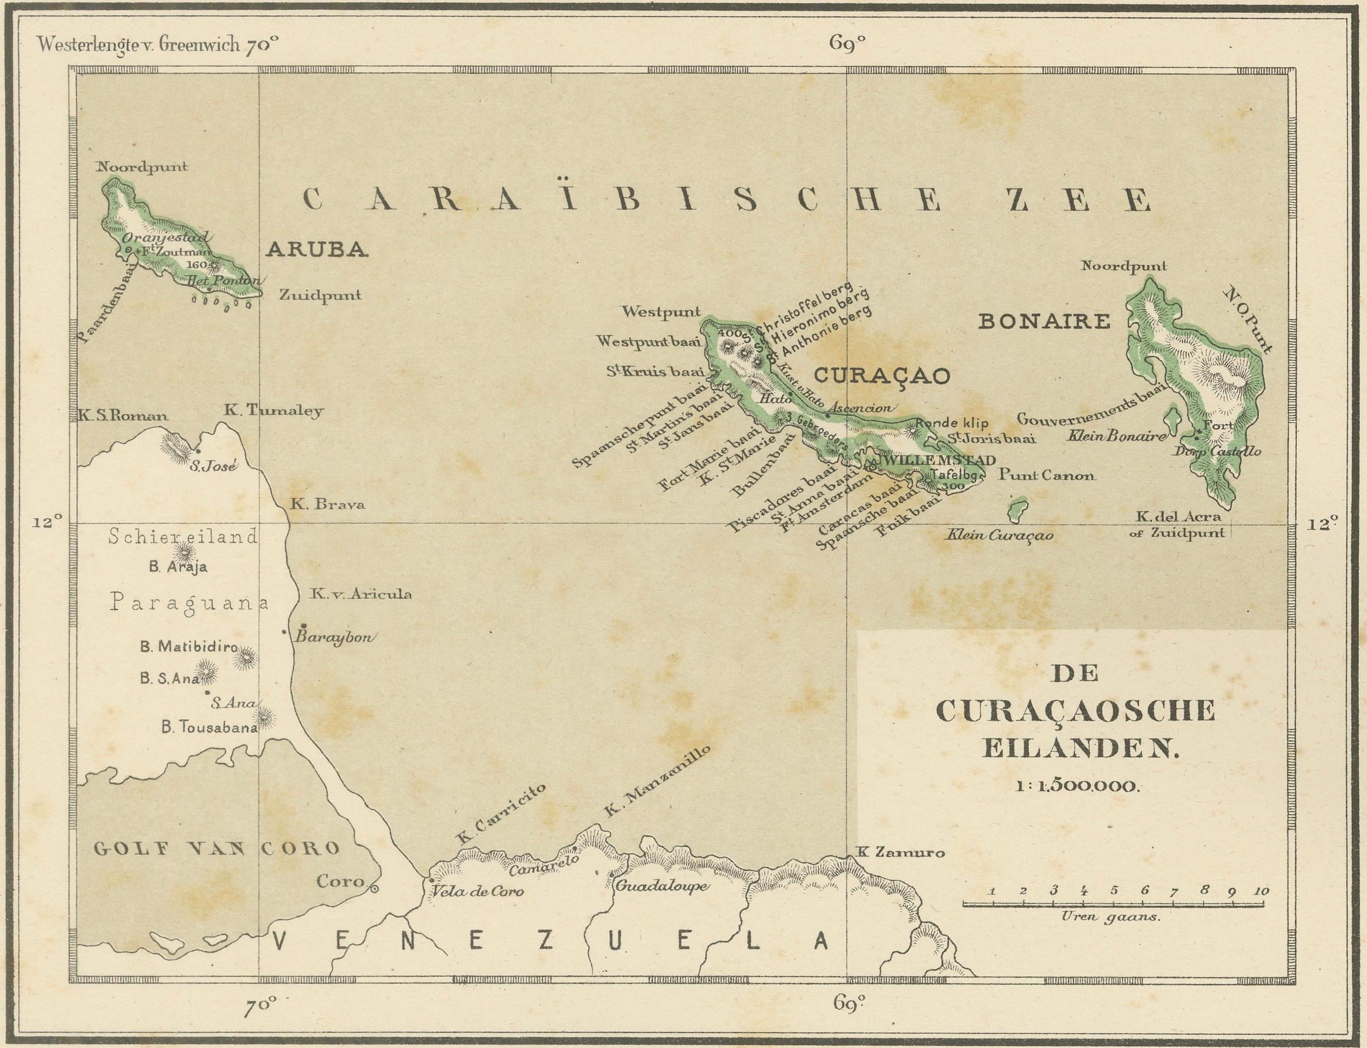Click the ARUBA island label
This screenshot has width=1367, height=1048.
click(x=316, y=249)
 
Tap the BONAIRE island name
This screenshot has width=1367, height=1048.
click(x=1044, y=322)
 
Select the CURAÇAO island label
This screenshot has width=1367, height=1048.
click(x=882, y=375)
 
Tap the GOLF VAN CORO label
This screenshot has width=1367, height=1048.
click(x=216, y=848)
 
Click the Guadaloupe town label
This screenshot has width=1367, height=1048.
click(x=661, y=886)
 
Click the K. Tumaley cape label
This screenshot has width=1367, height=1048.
click(x=273, y=411)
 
